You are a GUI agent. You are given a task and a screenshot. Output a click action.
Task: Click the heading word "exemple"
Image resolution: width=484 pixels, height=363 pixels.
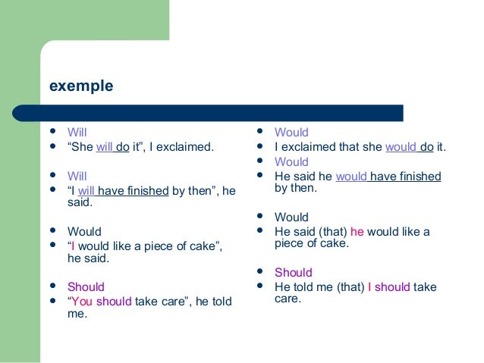tap(81, 86)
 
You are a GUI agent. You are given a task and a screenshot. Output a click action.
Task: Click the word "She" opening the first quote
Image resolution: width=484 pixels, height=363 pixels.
tap(83, 147)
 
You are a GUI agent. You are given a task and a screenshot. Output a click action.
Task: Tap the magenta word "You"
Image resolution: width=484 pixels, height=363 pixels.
tap(83, 302)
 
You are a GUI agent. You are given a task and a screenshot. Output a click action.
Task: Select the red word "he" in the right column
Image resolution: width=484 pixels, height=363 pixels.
tap(357, 232)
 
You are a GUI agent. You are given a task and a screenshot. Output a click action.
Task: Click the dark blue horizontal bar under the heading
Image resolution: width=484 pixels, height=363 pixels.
tap(220, 113)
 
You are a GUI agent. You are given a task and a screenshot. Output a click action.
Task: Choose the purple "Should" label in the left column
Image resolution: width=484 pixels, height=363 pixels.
tap(86, 287)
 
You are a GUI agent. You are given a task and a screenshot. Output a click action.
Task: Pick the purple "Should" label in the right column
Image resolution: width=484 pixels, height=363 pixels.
tap(293, 273)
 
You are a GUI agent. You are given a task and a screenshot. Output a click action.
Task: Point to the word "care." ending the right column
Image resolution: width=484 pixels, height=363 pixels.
tap(288, 299)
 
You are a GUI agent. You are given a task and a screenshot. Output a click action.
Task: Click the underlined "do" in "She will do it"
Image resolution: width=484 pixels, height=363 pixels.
tap(122, 147)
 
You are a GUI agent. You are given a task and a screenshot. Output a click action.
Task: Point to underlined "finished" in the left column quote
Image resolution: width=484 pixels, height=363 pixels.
tap(146, 191)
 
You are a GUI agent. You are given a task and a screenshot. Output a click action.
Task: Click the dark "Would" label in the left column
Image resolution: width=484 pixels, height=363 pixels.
tap(84, 232)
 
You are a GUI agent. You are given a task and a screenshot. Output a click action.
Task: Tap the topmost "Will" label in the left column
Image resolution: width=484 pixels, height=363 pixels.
tap(77, 133)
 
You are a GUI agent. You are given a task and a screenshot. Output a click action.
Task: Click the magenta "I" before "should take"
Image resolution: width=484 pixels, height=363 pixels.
tap(369, 287)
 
